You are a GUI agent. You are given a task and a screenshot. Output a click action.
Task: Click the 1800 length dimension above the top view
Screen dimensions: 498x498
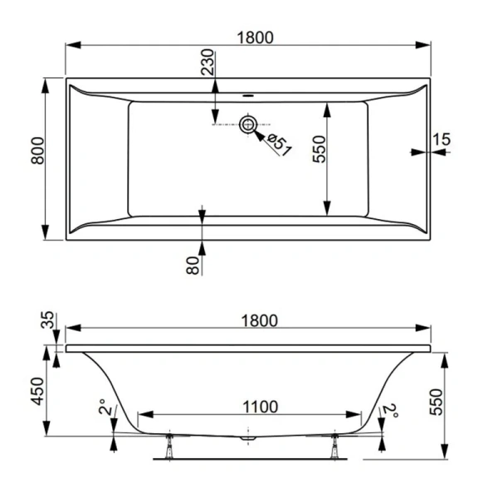point(250,38)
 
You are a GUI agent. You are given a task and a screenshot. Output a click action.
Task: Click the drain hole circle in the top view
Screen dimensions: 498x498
point(248,125)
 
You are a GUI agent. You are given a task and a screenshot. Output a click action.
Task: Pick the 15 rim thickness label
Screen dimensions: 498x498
point(442,139)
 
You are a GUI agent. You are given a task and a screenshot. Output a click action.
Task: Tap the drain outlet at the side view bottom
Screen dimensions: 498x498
point(247,435)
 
